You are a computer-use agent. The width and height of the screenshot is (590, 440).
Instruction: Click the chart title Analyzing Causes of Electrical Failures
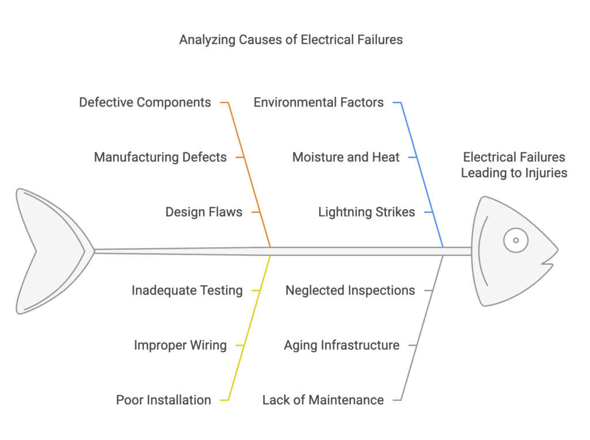pos(291,40)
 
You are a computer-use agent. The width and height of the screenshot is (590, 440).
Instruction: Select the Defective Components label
pos(145,102)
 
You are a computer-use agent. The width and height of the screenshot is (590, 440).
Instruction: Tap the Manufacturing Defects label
pos(160,157)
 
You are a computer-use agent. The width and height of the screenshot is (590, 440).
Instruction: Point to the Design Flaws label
pos(204,212)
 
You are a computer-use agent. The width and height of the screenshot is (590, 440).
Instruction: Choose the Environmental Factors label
pos(319,102)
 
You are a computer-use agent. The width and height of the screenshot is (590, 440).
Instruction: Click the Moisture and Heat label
pos(346,157)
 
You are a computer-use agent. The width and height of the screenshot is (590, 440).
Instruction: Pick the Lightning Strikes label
pos(366,212)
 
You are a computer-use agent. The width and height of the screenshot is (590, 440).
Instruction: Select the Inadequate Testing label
pos(187,290)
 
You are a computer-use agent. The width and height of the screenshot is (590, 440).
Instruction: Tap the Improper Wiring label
pos(180,345)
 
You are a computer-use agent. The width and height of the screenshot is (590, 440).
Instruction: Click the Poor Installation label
pos(163,400)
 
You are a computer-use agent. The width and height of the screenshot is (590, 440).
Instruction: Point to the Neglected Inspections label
pos(350,290)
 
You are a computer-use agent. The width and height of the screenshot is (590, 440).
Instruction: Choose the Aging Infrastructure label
pos(342,345)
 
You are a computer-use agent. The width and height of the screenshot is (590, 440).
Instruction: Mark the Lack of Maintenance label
pos(323,400)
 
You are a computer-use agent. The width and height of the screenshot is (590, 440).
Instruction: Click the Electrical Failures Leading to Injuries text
pos(514,165)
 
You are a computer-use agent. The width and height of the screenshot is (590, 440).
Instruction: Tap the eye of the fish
pos(516,240)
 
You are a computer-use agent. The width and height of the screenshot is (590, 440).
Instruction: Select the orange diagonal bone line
pos(249,174)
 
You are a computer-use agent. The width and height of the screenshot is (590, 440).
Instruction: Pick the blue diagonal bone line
pos(422,174)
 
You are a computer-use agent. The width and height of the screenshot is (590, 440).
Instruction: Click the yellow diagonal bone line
pos(249,328)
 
